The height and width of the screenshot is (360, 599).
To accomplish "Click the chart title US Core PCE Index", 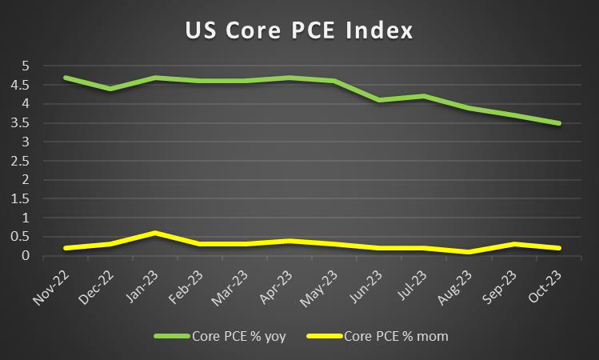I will click(x=299, y=31).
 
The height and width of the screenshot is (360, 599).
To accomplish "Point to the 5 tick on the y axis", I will click(x=25, y=66).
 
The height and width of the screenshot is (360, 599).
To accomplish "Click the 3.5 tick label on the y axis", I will click(x=21, y=122).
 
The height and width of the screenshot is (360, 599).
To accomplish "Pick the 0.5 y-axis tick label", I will click(x=21, y=237).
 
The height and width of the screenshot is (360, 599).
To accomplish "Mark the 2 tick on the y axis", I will click(x=25, y=179).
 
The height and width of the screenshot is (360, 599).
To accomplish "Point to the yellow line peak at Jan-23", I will click(x=154, y=233).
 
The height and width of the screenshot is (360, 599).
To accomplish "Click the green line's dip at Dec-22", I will click(x=110, y=89).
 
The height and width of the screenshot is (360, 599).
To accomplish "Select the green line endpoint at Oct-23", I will click(x=560, y=123).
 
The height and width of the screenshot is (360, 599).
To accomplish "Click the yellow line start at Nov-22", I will click(x=65, y=248).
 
